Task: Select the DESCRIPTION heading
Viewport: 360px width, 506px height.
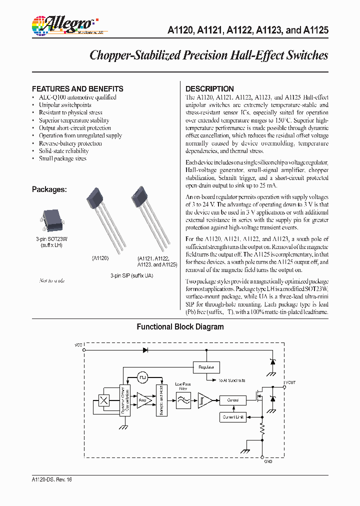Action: (x=209, y=88)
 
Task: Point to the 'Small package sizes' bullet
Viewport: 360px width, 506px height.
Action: (x=62, y=158)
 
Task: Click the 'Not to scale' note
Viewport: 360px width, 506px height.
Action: (x=52, y=280)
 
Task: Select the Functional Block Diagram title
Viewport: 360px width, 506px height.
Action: (x=180, y=327)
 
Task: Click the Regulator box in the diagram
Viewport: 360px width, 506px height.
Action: (x=206, y=367)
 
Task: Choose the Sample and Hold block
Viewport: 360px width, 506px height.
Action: (x=160, y=400)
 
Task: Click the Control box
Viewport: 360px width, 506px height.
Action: (x=232, y=400)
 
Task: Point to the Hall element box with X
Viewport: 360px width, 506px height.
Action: (x=104, y=400)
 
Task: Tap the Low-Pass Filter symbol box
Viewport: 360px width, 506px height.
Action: (x=183, y=400)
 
